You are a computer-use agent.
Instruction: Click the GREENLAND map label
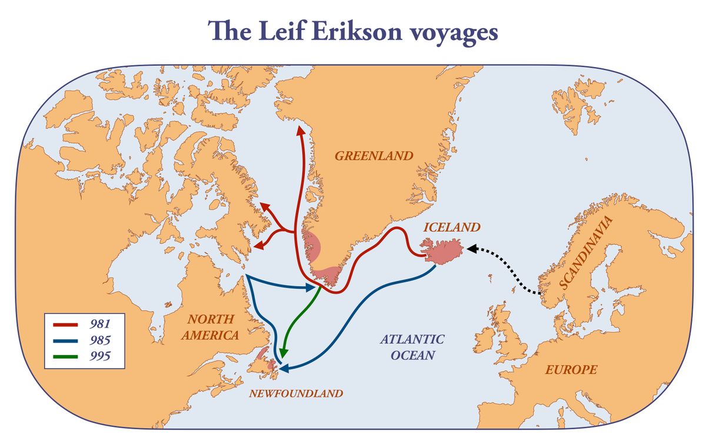(374, 156)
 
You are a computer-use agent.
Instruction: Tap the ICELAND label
(452, 227)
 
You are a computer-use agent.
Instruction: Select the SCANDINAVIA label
(586, 253)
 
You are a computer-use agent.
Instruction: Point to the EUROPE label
(571, 370)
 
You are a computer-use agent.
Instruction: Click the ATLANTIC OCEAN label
(412, 347)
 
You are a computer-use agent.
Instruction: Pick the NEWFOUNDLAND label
(295, 393)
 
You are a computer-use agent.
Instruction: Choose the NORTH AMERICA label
(210, 328)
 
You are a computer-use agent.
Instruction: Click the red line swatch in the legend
(66, 324)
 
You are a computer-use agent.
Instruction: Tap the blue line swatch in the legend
(66, 340)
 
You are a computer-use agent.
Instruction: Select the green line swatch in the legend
(66, 355)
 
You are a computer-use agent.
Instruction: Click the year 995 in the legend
(100, 355)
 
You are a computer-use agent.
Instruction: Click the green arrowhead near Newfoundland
(283, 352)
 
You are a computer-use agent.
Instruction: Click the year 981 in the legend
(100, 324)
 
